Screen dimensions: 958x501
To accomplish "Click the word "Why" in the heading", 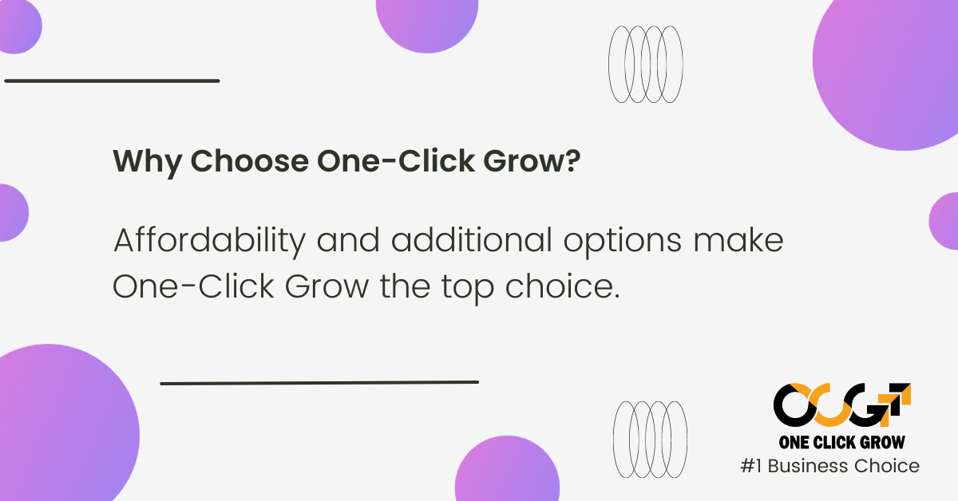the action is [147, 163].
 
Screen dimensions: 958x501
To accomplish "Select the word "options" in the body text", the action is [622, 243].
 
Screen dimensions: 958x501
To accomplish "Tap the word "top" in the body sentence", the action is [468, 288].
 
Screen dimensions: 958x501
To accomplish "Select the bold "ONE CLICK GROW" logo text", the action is [841, 443].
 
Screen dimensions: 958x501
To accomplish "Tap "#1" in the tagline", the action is [751, 467].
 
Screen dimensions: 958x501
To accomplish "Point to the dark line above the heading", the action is [112, 81].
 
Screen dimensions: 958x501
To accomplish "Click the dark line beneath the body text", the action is [319, 383].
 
